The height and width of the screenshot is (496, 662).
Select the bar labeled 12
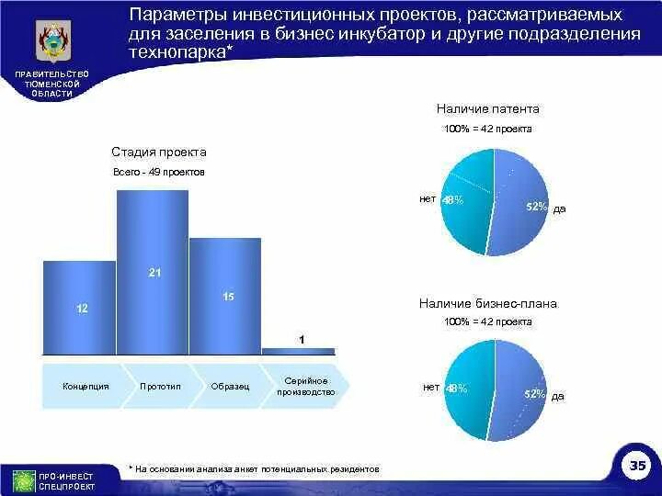(80, 308)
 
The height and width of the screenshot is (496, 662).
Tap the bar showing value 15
(224, 296)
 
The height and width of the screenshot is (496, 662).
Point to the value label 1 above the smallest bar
(301, 339)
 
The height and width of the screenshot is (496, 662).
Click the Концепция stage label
(86, 387)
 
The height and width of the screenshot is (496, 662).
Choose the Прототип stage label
(160, 387)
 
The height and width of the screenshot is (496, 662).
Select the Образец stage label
(230, 387)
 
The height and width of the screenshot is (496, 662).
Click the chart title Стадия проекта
(159, 152)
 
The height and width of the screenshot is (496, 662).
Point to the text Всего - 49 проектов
(159, 173)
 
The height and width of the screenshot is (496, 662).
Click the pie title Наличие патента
(488, 108)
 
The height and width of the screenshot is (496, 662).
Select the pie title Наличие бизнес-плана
(488, 303)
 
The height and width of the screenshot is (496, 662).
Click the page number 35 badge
(638, 467)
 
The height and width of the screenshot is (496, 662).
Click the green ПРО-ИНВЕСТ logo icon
(24, 480)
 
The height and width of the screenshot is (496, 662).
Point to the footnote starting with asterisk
(254, 468)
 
